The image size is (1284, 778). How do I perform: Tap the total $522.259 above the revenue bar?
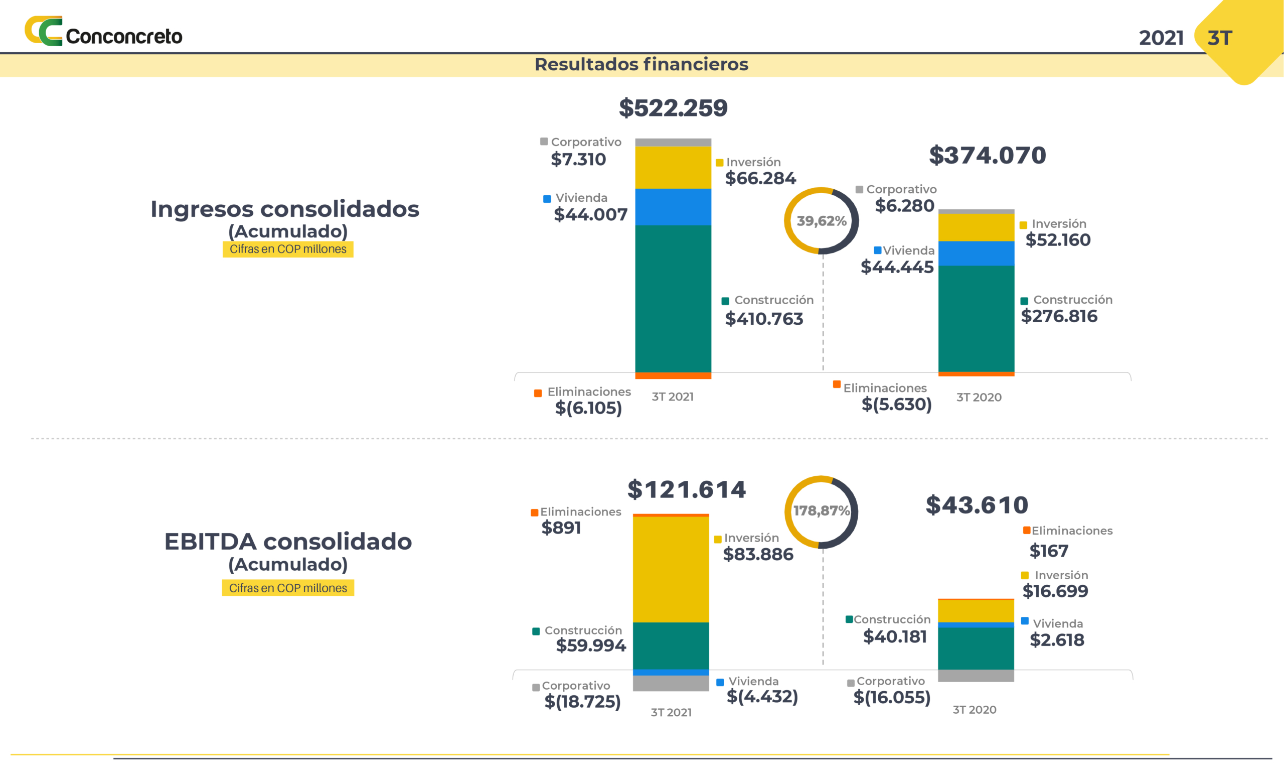673,108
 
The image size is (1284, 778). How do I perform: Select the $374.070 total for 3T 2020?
987,156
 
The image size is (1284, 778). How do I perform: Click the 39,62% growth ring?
821,221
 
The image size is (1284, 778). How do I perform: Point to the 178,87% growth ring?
821,511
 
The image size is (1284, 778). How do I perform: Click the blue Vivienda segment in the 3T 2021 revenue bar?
673,207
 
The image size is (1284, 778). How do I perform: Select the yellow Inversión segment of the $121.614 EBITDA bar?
671,569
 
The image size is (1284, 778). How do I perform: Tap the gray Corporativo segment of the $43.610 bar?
976,676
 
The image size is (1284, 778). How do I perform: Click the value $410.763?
764,319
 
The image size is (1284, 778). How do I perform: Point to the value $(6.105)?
588,408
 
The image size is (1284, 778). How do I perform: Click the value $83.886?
758,554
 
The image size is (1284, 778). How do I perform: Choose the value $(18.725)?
582,702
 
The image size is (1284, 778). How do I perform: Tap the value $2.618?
1057,640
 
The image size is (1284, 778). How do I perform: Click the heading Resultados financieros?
641,65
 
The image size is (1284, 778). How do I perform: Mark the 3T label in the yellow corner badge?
1219,38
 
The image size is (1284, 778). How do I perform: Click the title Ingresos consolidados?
284,209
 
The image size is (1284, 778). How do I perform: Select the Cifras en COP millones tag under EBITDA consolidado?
288,588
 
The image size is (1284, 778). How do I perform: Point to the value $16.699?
1055,591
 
